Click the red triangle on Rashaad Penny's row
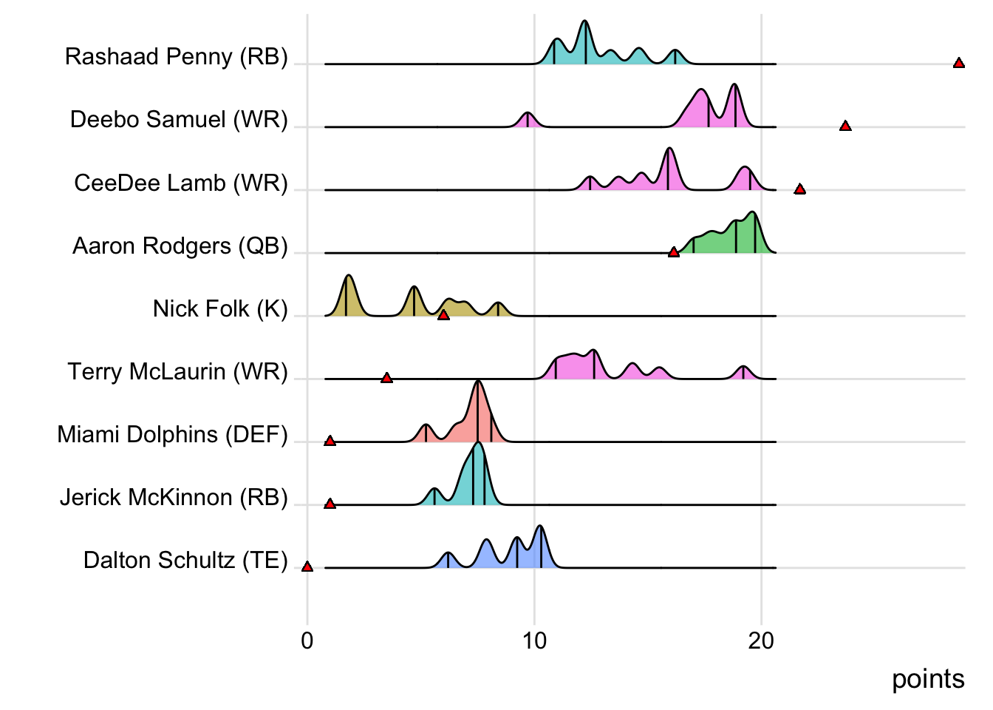[958, 64]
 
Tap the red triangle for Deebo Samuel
[845, 126]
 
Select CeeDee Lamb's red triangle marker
[799, 189]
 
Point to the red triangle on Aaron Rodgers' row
[673, 252]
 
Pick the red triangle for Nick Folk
[443, 315]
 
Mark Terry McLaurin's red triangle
[386, 378]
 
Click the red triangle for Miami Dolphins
[330, 441]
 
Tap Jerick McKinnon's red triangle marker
[330, 504]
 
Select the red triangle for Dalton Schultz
[307, 567]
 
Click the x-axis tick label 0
[307, 640]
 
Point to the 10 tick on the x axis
[534, 640]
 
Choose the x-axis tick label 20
[761, 640]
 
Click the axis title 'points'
[928, 679]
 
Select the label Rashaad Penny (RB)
[176, 56]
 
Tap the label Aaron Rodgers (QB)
[180, 246]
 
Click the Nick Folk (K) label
[220, 308]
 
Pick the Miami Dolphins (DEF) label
[172, 434]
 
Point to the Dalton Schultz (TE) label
[185, 560]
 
